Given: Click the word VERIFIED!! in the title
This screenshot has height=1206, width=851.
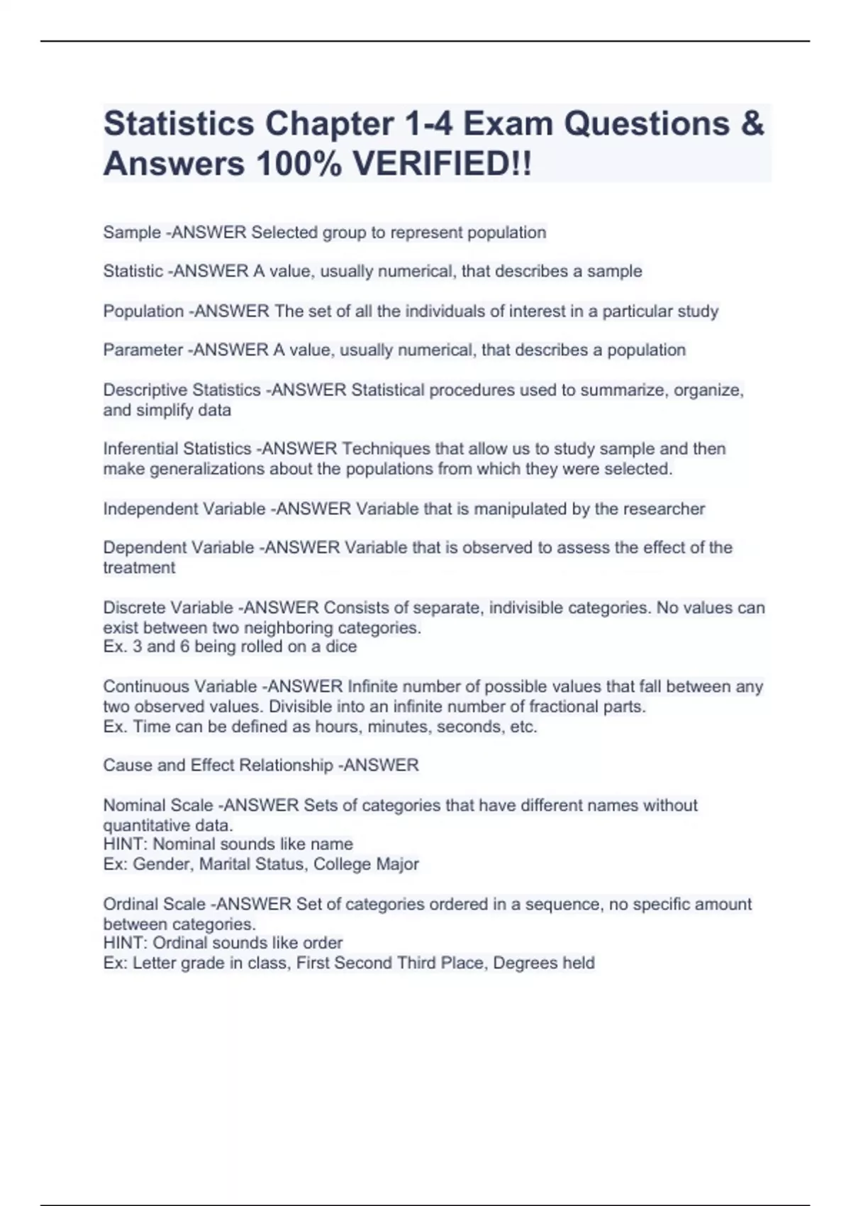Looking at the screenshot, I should click(x=442, y=165).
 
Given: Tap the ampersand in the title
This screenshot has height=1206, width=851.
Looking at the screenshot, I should click(x=752, y=124).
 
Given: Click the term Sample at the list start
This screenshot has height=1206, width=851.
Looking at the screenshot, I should click(x=132, y=233).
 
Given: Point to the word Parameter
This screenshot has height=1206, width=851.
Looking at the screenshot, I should click(x=143, y=350).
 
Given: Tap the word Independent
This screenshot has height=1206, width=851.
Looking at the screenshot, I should click(x=148, y=509).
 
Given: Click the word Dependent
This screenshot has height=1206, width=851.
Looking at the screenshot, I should click(x=141, y=548).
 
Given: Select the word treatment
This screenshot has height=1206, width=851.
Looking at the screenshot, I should click(x=139, y=568).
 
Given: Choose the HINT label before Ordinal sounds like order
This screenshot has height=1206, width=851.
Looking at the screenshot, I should click(x=125, y=943).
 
